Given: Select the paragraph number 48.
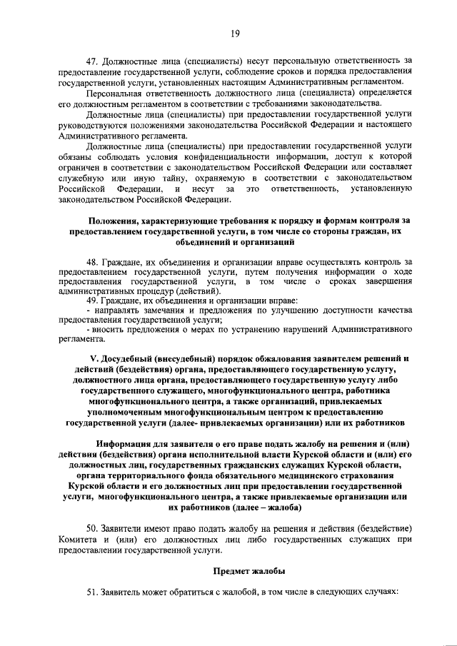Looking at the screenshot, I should coord(91,263).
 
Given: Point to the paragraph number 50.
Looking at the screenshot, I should coord(91,527).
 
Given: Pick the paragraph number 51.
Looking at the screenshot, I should coord(91,592).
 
